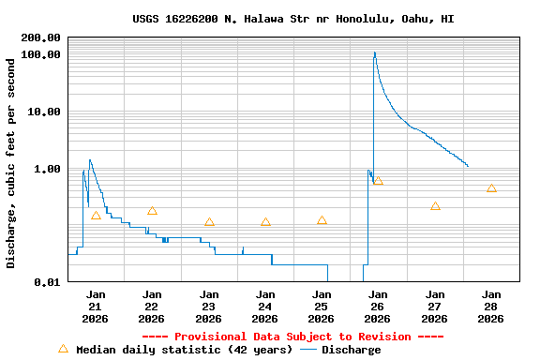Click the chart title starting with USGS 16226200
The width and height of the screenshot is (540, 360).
pyautogui.click(x=293, y=19)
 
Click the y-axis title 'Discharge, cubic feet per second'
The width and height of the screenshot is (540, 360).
pyautogui.click(x=11, y=163)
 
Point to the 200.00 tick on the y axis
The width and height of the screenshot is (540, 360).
pyautogui.click(x=41, y=37)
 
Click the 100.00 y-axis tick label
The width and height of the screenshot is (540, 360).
pyautogui.click(x=41, y=54)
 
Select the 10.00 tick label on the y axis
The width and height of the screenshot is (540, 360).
pyautogui.click(x=45, y=112)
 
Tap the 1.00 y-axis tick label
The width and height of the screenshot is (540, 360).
pyautogui.click(x=48, y=169)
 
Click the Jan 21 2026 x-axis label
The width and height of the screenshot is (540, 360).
pyautogui.click(x=96, y=306)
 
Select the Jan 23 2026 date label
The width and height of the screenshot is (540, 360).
pyautogui.click(x=209, y=306)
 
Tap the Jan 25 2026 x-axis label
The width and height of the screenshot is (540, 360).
pyautogui.click(x=322, y=306)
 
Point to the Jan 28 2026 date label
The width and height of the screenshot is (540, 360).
pyautogui.click(x=491, y=306)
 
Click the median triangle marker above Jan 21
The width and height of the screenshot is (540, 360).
pyautogui.click(x=96, y=216)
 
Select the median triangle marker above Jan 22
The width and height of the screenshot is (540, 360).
pyautogui.click(x=152, y=211)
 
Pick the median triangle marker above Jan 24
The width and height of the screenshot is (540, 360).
pyautogui.click(x=265, y=222)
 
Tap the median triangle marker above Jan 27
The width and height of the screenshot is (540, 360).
pyautogui.click(x=435, y=206)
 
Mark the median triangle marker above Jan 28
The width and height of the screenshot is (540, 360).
pyautogui.click(x=491, y=188)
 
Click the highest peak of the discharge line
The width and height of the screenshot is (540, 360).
pyautogui.click(x=374, y=52)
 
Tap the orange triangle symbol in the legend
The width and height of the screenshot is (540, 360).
pyautogui.click(x=63, y=349)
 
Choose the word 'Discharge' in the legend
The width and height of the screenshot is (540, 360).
pyautogui.click(x=352, y=350)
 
